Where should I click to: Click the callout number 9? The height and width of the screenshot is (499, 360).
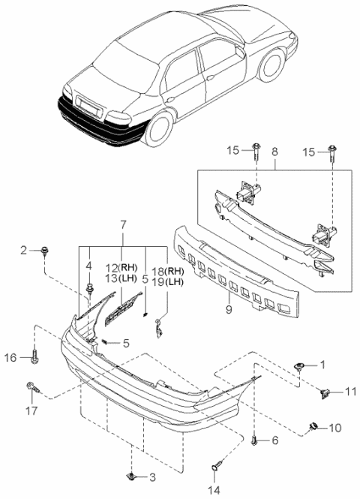(x=229, y=309)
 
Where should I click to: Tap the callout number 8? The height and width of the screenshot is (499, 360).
(x=274, y=152)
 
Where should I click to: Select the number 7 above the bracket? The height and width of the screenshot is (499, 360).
(x=123, y=225)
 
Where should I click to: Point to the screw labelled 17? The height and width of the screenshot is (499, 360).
(x=33, y=387)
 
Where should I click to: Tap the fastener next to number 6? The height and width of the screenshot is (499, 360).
(x=254, y=441)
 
